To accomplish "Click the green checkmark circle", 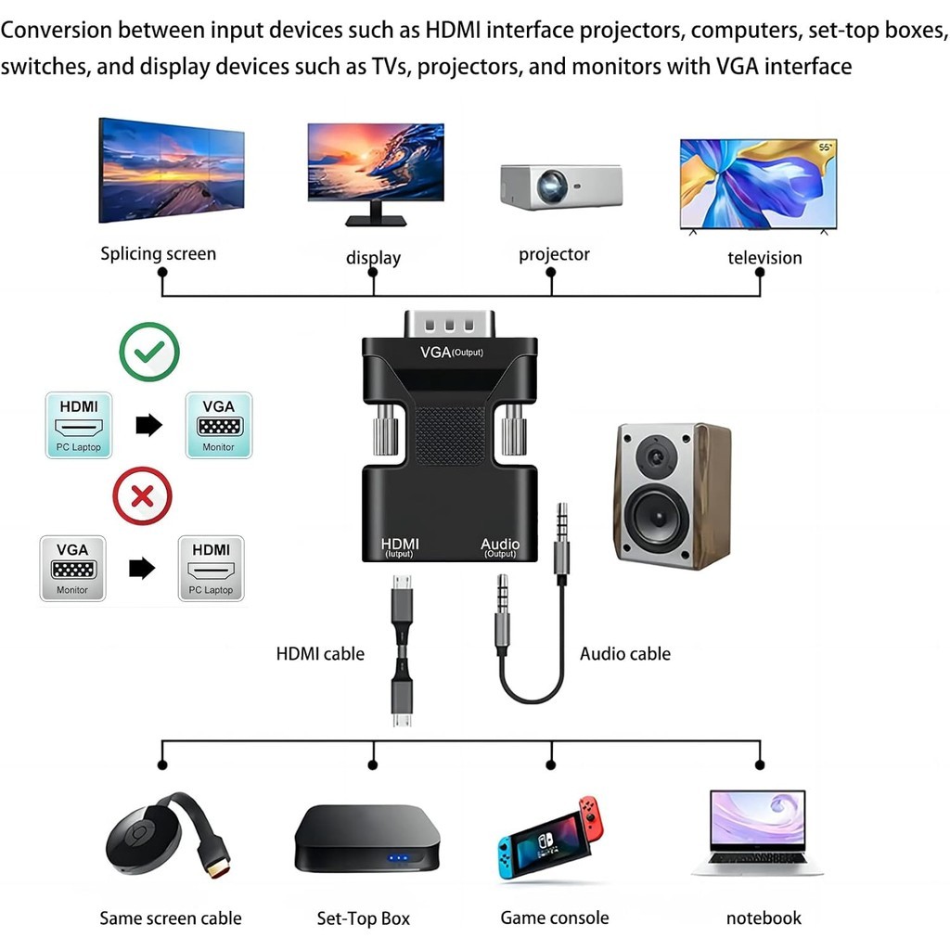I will tap(149, 352).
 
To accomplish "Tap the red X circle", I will tap(142, 495).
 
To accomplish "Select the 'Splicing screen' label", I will tap(158, 253).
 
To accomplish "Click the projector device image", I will tap(560, 186).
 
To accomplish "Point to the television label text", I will tap(764, 258).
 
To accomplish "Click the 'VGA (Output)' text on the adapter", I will tap(451, 353).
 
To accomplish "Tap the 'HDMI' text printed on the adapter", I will tap(400, 544).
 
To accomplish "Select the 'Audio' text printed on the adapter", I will tap(500, 544).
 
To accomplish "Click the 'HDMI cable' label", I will tap(320, 654).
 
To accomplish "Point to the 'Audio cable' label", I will tap(624, 654).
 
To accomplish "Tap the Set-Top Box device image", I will tap(366, 838).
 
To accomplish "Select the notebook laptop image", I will tap(758, 832).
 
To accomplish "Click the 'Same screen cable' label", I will tap(171, 918).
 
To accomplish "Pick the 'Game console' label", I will tap(555, 918).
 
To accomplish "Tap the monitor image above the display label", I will tap(376, 173).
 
